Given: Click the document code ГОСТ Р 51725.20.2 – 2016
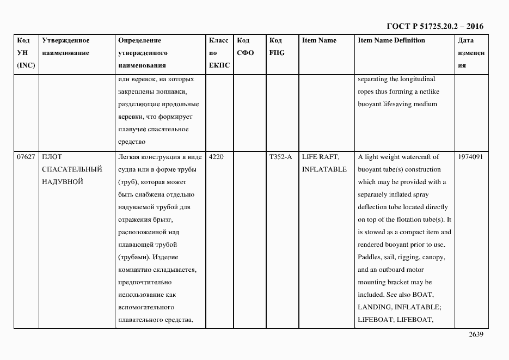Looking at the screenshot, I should [x=434, y=26].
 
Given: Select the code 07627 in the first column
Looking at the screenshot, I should [x=26, y=157].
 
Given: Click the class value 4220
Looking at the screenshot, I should [x=217, y=157].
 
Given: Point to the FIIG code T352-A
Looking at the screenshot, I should [x=280, y=157].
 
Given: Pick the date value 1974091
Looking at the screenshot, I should [x=471, y=157].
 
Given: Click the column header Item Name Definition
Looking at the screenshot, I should [x=391, y=41].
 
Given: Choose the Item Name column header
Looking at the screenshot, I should [x=319, y=41].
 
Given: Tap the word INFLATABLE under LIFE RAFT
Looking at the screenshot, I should [x=324, y=169].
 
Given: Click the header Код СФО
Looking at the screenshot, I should [x=246, y=47].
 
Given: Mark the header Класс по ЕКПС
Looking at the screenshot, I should [x=219, y=53].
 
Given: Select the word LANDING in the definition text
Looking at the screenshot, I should [x=374, y=307].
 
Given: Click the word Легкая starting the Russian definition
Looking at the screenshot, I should [x=129, y=157].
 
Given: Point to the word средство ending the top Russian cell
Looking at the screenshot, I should [x=131, y=142].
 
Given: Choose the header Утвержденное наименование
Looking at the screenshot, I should [x=66, y=47].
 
